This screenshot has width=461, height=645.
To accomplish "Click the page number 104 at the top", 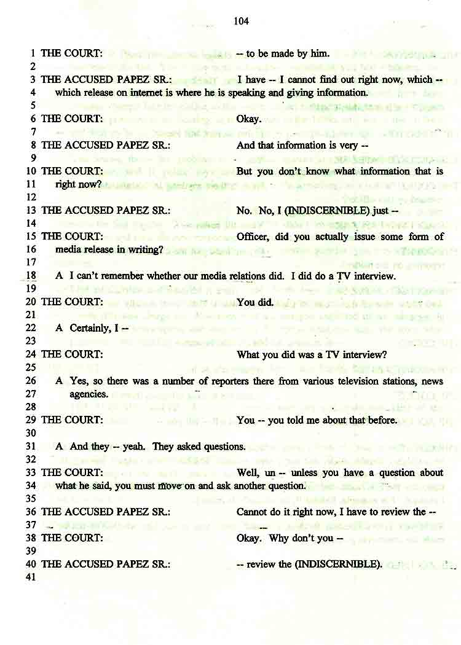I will [x=241, y=21].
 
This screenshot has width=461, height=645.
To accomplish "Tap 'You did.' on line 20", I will [x=254, y=302].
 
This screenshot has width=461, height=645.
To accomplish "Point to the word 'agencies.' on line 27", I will [x=89, y=394].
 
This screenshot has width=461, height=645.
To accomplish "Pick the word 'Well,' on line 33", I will [x=248, y=472].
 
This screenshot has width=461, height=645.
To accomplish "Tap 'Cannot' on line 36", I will [x=252, y=512].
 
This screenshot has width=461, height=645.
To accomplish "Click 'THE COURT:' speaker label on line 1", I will [x=71, y=53].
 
